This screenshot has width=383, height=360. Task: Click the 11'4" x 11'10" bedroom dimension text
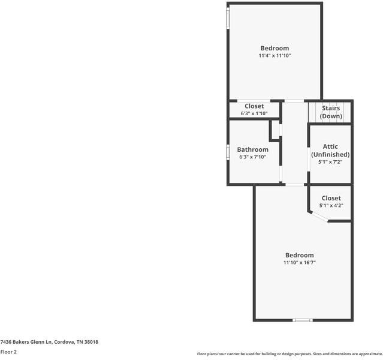click(x=275, y=56)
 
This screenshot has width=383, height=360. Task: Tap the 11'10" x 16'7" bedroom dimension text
click(x=299, y=262)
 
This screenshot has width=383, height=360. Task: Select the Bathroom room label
click(x=252, y=149)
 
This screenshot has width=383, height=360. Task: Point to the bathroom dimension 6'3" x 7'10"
click(x=252, y=157)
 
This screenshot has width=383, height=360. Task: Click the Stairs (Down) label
click(x=331, y=112)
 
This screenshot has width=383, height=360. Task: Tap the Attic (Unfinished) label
click(x=330, y=151)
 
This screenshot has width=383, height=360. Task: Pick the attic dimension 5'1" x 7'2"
click(x=330, y=161)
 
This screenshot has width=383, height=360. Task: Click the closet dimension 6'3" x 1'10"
click(x=254, y=113)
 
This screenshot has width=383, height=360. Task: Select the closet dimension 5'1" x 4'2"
click(x=331, y=206)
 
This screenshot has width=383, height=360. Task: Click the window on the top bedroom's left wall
click(x=228, y=17)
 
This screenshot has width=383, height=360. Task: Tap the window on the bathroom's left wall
click(x=228, y=152)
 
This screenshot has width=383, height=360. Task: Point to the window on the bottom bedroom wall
click(x=302, y=320)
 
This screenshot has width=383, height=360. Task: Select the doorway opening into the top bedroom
click(x=293, y=100)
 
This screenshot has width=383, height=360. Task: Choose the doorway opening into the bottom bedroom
click(x=293, y=185)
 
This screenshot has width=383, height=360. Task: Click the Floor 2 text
click(x=8, y=352)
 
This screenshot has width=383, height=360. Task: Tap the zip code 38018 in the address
click(x=91, y=342)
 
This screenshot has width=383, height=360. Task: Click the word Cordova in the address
click(x=64, y=342)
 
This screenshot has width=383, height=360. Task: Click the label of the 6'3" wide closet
click(x=254, y=106)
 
